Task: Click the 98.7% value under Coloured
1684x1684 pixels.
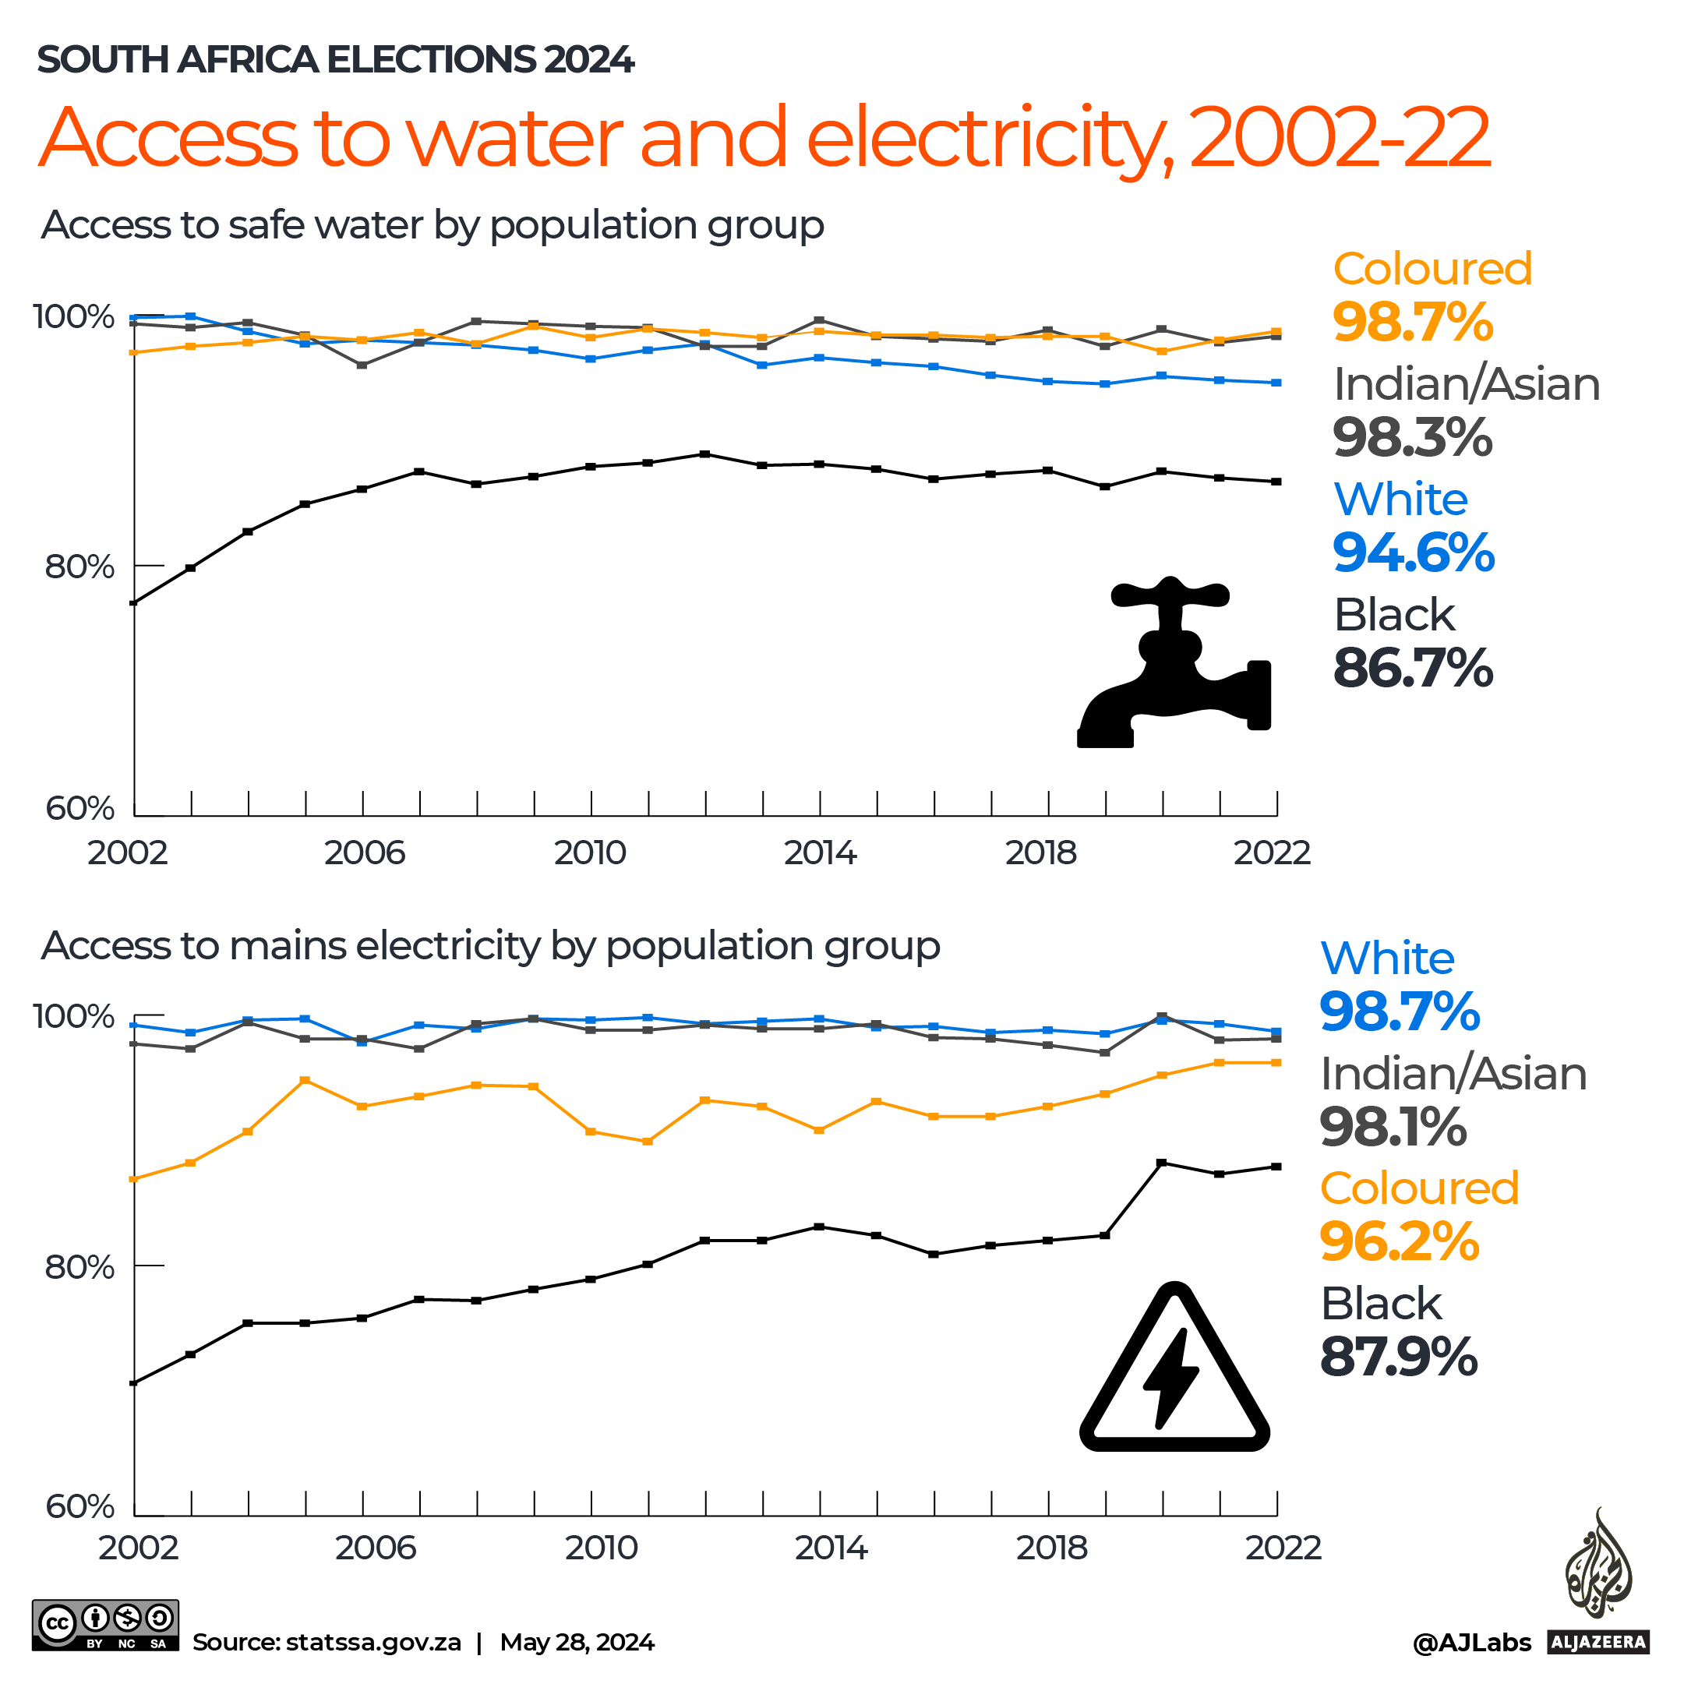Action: tap(1412, 322)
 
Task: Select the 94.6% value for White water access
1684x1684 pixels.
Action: tap(1413, 553)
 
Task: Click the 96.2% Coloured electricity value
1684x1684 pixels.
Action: tap(1399, 1241)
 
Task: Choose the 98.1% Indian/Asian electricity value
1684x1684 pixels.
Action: tap(1393, 1126)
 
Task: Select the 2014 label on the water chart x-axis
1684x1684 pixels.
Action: tap(819, 853)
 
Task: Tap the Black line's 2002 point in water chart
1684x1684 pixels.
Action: tap(134, 602)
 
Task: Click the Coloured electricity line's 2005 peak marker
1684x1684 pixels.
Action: tap(305, 1081)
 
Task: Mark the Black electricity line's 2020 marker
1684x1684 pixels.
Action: tap(1161, 1163)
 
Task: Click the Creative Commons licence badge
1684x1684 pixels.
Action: tap(105, 1625)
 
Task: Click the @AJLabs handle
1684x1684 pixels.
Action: tap(1471, 1642)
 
